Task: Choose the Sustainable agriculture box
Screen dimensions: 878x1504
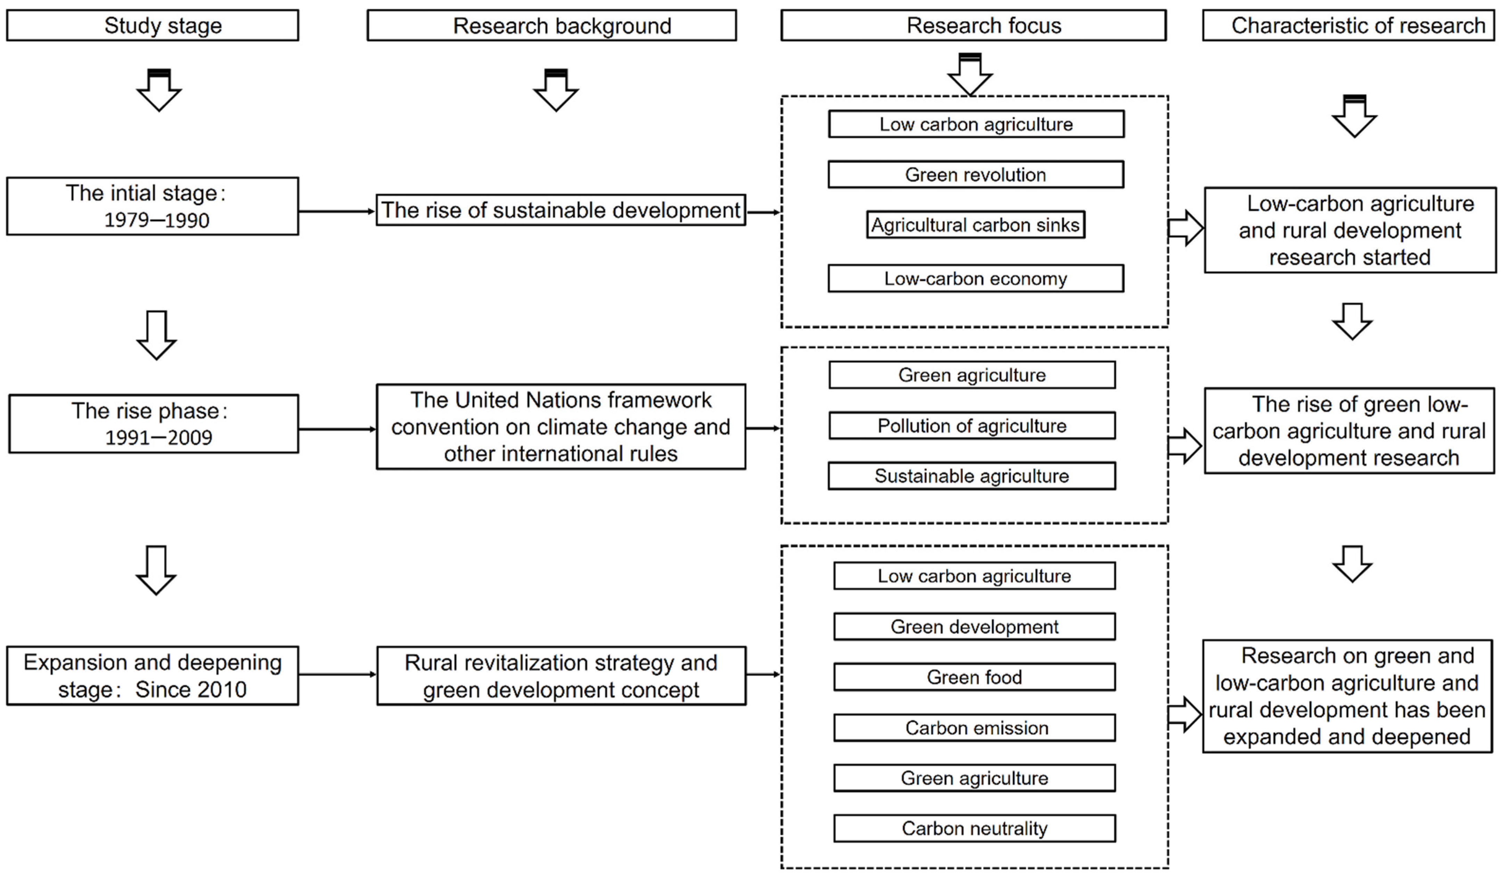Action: [x=972, y=476]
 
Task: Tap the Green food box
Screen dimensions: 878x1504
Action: [x=974, y=677]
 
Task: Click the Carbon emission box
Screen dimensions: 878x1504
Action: [x=974, y=728]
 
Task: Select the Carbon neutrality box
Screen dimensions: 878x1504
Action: [x=974, y=828]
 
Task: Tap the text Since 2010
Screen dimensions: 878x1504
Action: [x=191, y=689]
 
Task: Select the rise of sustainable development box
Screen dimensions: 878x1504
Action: [x=561, y=210]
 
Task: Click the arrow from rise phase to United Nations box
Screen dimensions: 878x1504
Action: [x=337, y=429]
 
